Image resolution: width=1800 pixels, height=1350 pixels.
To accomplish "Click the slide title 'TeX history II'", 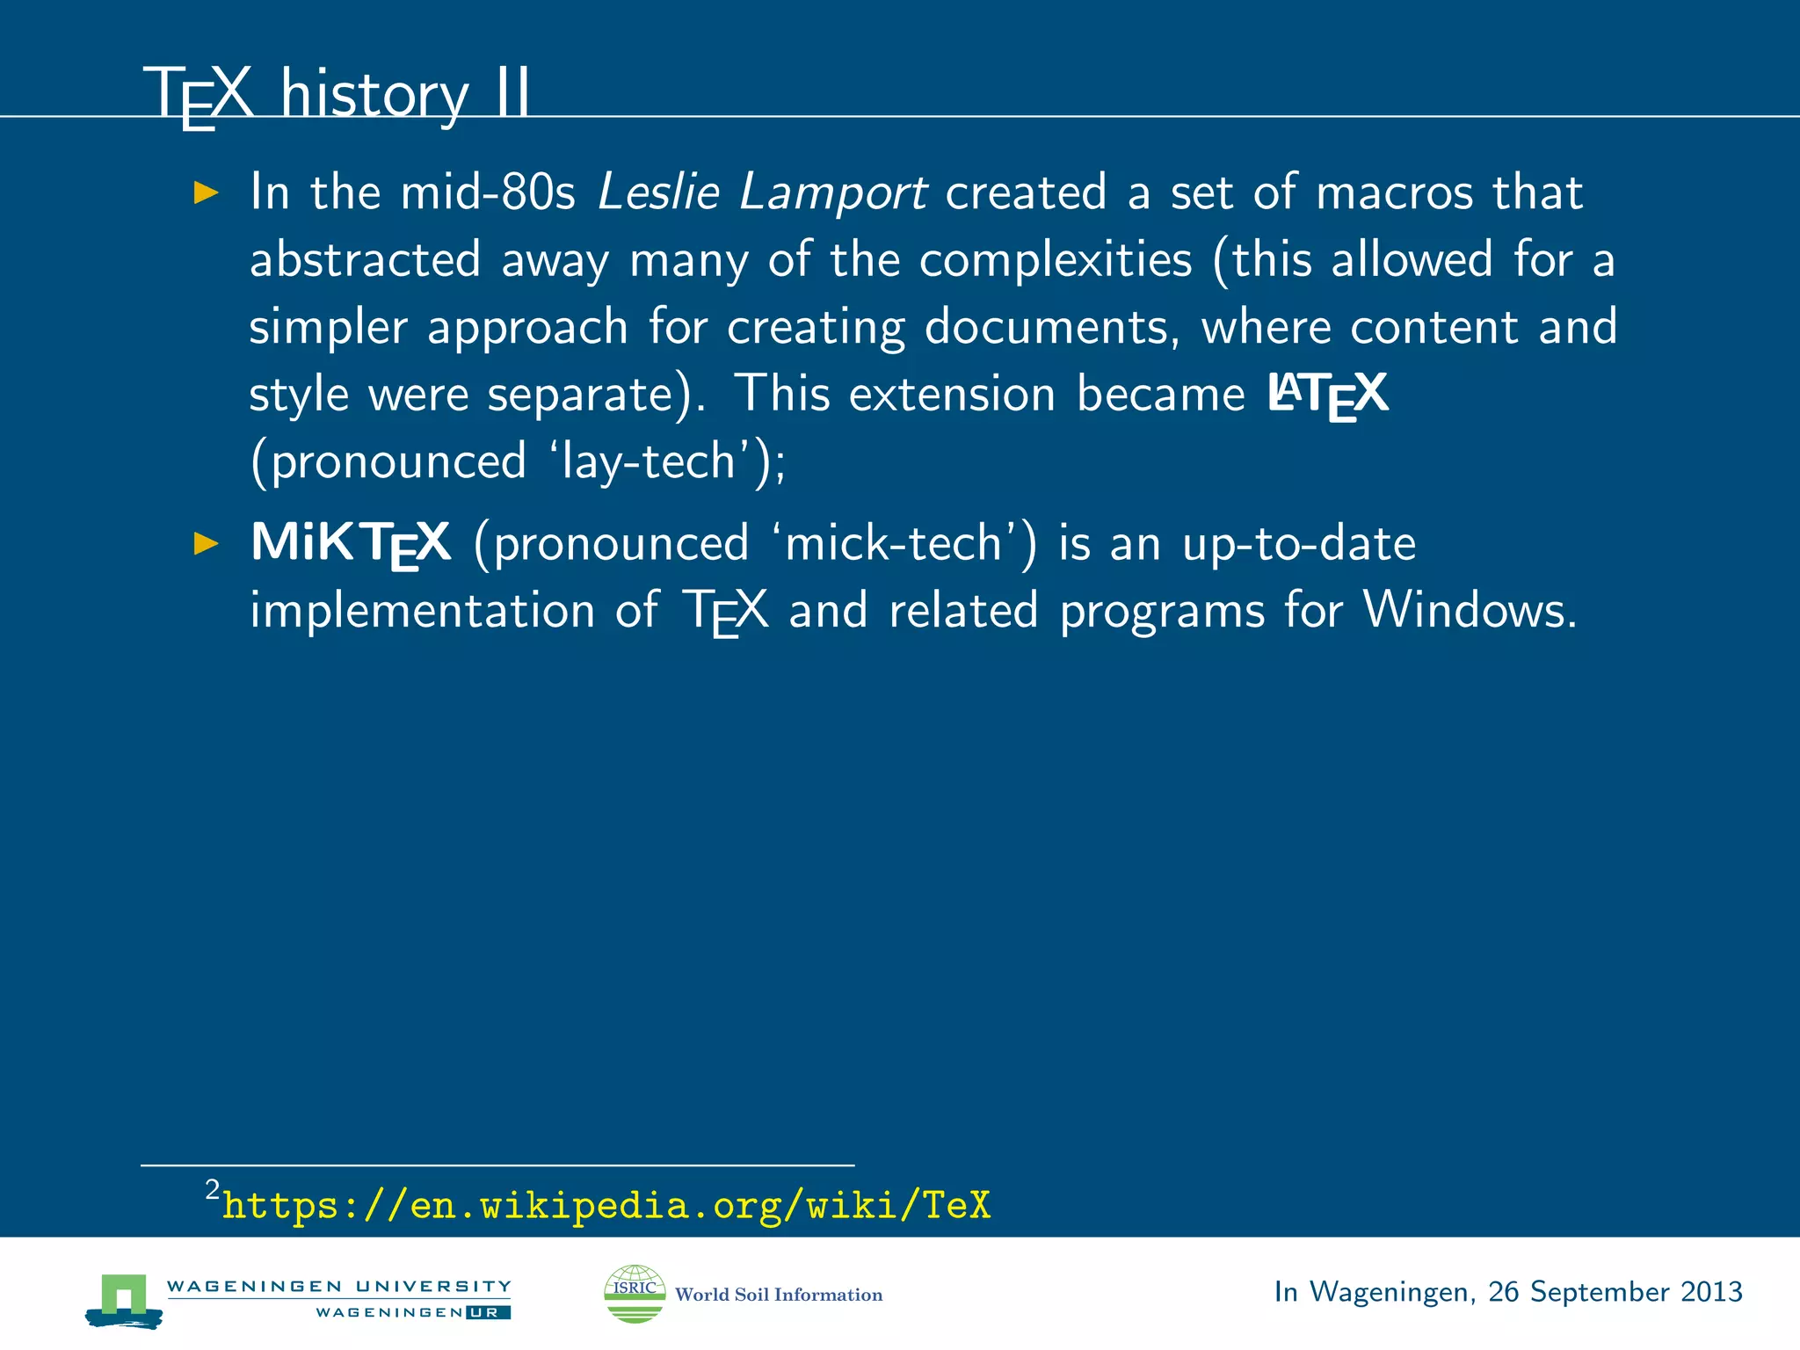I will click(338, 93).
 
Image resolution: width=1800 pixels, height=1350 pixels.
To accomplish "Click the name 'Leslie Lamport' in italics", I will click(761, 192).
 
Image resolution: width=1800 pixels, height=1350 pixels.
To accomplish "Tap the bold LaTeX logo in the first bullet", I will click(1327, 394).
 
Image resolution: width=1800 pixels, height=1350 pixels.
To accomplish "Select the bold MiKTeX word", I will click(351, 543).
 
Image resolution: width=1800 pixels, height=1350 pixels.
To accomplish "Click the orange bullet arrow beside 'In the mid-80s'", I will click(206, 192).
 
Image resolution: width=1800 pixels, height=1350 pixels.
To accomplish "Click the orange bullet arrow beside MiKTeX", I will click(206, 543).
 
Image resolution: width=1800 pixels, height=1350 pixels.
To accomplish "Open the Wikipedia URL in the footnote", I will click(606, 1205).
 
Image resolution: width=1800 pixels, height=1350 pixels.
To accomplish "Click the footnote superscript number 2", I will click(212, 1190).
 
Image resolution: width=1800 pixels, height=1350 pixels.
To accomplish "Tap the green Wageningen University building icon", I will click(124, 1299).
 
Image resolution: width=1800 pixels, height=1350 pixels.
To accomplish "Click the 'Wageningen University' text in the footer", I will click(338, 1287).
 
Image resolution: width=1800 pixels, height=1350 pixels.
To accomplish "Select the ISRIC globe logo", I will click(635, 1293).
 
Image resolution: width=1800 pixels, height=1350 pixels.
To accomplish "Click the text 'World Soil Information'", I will click(778, 1295).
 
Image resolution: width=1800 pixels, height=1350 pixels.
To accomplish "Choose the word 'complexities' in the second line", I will click(1055, 259).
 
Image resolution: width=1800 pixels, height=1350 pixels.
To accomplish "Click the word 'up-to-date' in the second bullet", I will click(1298, 543).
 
